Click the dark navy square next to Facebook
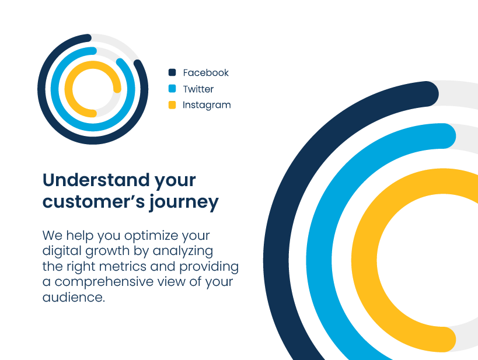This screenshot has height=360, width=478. [x=172, y=72]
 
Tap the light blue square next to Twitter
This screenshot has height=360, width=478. [x=172, y=89]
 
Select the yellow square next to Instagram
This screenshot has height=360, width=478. [x=172, y=105]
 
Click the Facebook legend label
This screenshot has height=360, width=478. [x=206, y=72]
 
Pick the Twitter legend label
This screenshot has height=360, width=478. [x=198, y=89]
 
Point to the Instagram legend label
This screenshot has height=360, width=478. [x=207, y=105]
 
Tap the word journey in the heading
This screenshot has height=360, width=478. [x=184, y=202]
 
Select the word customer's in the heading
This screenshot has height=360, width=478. [x=93, y=202]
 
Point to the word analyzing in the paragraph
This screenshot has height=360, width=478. [x=183, y=251]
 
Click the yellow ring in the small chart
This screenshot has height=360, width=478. [x=69, y=89]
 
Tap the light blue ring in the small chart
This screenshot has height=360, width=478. [x=55, y=89]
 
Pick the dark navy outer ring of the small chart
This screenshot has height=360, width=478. [x=42, y=89]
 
